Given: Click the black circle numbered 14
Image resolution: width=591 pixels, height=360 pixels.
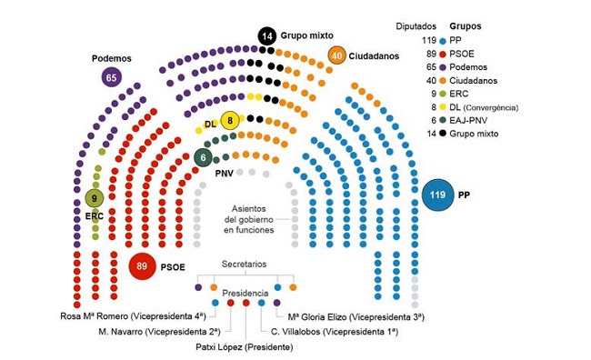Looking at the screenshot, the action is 266,36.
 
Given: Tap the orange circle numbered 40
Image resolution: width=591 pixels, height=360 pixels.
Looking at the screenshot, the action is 337,55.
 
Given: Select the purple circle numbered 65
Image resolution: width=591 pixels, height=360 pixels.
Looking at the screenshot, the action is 113,77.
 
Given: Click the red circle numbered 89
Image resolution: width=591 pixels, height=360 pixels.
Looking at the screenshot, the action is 141,266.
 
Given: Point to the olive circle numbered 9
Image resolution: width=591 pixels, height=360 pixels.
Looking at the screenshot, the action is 95,198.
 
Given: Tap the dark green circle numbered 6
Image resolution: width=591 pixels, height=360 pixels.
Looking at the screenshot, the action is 203,156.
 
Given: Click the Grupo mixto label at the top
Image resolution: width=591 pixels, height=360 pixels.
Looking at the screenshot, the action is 307,36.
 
